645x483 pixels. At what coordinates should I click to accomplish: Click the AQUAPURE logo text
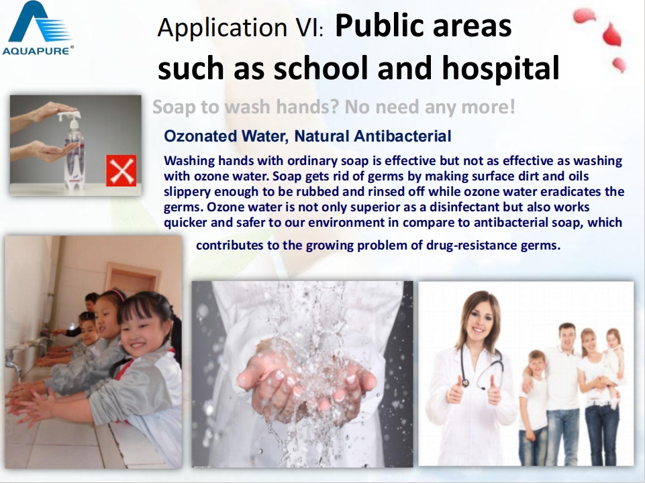coord(37,50)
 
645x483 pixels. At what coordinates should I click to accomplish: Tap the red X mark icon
coord(121,170)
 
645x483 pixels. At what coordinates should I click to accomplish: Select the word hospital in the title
coord(501,68)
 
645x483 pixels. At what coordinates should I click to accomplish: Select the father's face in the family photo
coord(567,336)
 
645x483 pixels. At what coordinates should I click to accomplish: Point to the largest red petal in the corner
coord(611,34)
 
